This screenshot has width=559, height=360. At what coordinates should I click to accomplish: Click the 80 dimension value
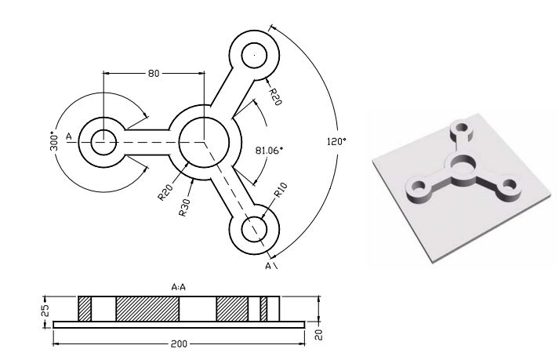(154, 73)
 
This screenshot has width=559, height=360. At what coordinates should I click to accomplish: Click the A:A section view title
(178, 288)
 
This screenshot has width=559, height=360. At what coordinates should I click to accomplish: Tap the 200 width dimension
(180, 344)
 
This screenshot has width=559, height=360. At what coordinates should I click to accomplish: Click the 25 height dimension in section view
(45, 308)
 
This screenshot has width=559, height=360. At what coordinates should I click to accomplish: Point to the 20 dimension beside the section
(319, 335)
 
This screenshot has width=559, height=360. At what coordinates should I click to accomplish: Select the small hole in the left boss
(103, 143)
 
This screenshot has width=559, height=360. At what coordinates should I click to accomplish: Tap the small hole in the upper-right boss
(254, 56)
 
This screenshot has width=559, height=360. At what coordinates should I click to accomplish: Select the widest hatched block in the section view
(147, 307)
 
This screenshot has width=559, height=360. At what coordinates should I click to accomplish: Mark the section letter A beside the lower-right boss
(269, 267)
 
